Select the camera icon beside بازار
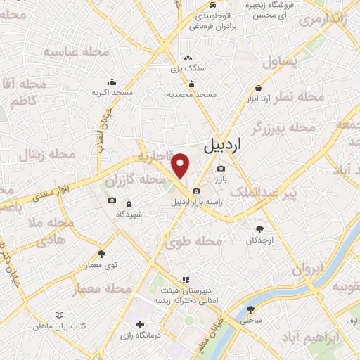point(221,169)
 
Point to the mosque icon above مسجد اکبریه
point(111,82)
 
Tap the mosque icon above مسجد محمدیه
point(191,84)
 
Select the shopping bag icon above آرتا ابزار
point(259,89)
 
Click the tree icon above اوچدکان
point(259,229)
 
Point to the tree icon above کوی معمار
point(101,254)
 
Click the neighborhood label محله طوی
point(194,241)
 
